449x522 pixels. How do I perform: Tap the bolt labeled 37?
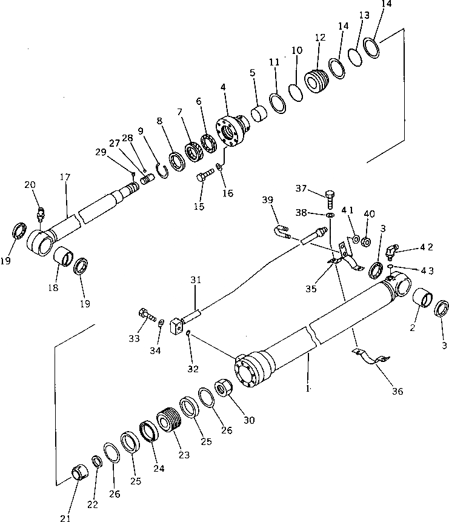[x=329, y=198]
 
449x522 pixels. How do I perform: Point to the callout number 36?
[x=397, y=391]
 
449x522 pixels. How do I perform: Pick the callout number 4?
[x=224, y=87]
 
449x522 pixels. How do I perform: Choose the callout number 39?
[x=268, y=199]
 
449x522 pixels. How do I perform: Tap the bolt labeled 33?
[x=147, y=315]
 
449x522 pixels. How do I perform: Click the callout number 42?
[x=425, y=247]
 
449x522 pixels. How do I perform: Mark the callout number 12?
[x=320, y=38]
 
